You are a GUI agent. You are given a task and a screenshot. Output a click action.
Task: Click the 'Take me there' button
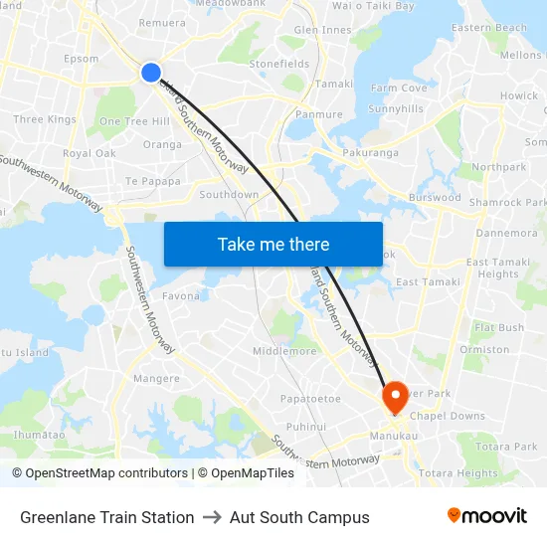(273, 244)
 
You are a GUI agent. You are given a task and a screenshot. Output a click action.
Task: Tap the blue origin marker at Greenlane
(151, 72)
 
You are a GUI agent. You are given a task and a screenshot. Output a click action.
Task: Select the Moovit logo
(486, 516)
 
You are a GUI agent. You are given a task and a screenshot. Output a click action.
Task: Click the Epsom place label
(81, 59)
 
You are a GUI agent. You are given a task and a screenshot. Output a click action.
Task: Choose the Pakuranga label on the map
(370, 153)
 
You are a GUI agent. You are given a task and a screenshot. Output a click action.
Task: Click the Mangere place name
(156, 379)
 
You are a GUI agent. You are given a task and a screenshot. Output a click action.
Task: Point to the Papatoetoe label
(309, 399)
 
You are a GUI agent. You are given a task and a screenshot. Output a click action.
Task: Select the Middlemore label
(284, 351)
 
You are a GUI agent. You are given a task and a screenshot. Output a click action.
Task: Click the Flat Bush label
(499, 327)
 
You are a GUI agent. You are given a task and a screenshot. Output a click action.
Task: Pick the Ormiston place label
(484, 349)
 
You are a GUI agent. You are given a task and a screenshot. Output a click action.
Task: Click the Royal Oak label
(90, 153)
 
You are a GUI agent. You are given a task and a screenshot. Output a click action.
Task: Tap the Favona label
(181, 295)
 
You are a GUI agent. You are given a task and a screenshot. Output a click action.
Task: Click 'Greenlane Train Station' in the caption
(107, 517)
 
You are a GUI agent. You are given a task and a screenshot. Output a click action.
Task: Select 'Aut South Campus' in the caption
(299, 517)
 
